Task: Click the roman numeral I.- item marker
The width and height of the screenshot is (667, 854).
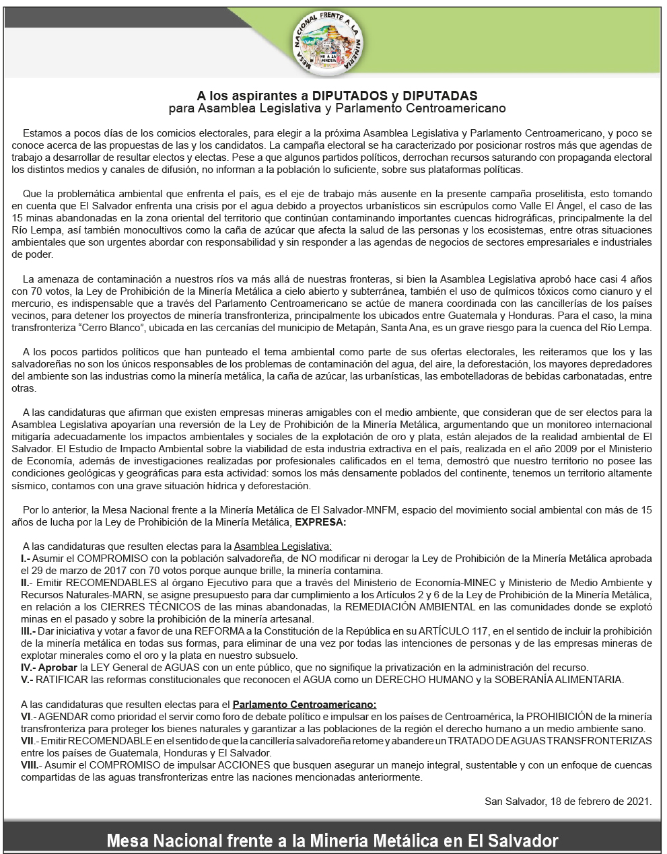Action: tap(26, 559)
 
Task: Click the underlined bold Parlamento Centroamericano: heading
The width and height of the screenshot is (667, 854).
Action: tap(304, 705)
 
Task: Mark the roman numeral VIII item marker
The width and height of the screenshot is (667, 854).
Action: tap(30, 765)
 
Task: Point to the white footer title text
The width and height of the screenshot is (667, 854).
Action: tap(333, 841)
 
